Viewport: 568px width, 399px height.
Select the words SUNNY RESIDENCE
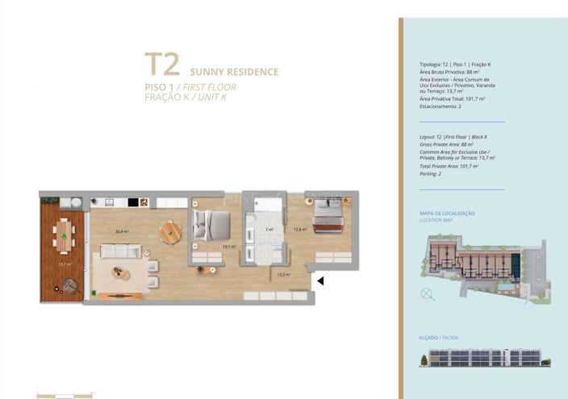coord(234,72)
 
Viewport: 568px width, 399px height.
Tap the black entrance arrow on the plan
coord(319,281)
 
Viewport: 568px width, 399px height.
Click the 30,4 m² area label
coord(122,232)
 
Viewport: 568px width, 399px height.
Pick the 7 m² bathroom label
coord(269,230)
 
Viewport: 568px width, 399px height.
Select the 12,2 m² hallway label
coord(283,275)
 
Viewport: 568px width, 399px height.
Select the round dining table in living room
coord(170,233)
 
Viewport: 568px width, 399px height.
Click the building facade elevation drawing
coord(483,357)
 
